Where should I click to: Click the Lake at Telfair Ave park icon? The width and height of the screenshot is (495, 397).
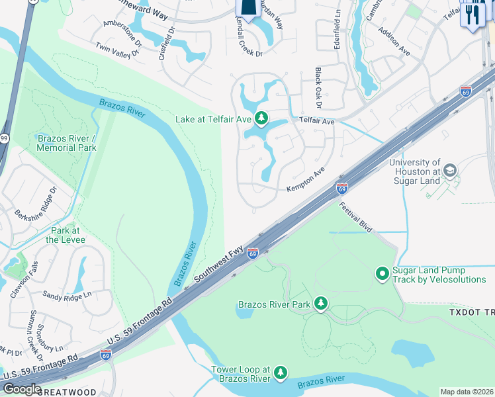[x=261, y=119]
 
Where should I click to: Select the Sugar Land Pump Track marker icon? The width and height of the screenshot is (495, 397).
[x=382, y=273]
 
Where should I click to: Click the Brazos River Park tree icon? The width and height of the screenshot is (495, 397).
[x=321, y=303]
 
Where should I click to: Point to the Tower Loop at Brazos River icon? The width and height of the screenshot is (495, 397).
[x=281, y=374]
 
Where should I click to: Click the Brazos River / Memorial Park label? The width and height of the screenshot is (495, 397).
[x=67, y=143]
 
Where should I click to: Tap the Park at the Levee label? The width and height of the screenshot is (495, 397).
[x=66, y=235]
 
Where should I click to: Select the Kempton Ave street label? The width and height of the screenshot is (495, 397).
[x=306, y=179]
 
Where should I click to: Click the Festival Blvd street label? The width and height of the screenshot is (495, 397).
[x=356, y=216]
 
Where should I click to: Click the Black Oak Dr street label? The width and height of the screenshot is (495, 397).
[x=318, y=88]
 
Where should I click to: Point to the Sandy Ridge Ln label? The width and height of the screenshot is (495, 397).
[x=67, y=294]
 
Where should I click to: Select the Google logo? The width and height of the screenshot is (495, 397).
[x=22, y=388]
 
